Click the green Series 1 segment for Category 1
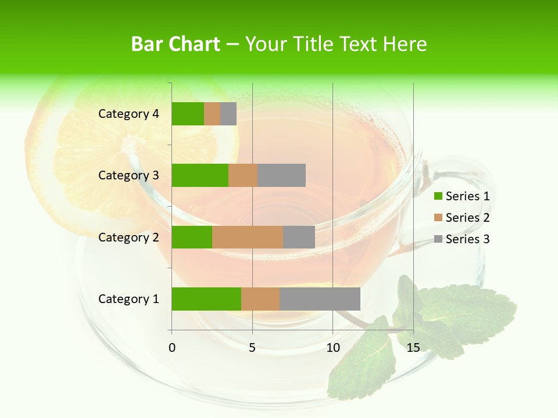point(206,299)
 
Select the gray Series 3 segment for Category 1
point(320,299)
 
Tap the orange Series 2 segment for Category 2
point(248,237)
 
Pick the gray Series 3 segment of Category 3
point(281,175)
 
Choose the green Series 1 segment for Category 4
point(188,114)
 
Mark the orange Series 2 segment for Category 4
point(212,114)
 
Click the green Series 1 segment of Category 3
point(200,175)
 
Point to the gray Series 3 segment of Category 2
point(299,237)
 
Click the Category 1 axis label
point(128,299)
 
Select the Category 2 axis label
point(128,237)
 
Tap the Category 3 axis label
point(128,175)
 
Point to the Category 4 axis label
point(128,114)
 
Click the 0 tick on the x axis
point(172,348)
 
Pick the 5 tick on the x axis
point(252,348)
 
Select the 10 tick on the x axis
point(332,348)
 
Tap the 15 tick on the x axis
point(413,348)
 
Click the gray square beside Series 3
point(438,239)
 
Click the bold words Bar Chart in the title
point(176,44)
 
